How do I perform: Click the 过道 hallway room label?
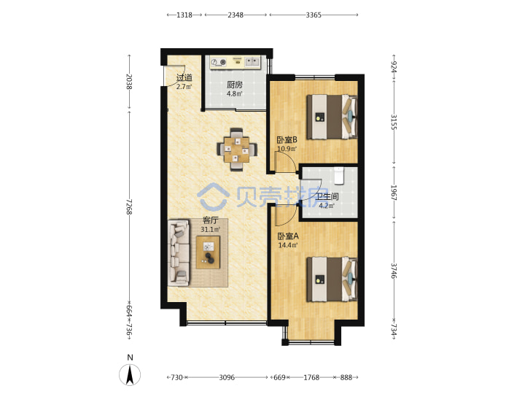click(184, 78)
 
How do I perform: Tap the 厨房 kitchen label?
click(234, 85)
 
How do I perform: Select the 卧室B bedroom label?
click(287, 139)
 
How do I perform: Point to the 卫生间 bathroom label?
click(328, 196)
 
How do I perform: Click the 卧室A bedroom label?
click(288, 236)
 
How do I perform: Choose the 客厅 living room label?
click(211, 220)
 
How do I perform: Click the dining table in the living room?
click(237, 150)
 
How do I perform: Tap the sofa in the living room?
click(179, 252)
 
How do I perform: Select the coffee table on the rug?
click(209, 252)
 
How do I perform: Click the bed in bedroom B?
click(332, 117)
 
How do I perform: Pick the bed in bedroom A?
click(332, 279)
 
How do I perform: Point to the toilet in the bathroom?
click(339, 175)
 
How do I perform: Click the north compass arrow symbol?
click(130, 374)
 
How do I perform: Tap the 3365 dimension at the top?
click(314, 15)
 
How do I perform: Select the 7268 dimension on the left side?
click(129, 207)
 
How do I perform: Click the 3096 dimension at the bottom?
click(227, 378)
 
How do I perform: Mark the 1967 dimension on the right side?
click(394, 193)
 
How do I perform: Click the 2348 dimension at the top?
click(236, 15)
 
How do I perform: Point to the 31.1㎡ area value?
click(210, 230)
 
